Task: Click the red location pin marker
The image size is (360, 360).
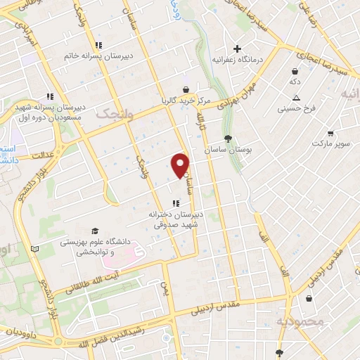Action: click(x=181, y=164)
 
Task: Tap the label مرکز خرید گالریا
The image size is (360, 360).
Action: click(x=184, y=101)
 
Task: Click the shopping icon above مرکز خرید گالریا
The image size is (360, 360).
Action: click(x=185, y=89)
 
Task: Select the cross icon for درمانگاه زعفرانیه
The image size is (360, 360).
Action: click(x=238, y=49)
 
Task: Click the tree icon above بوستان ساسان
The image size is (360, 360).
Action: click(x=227, y=139)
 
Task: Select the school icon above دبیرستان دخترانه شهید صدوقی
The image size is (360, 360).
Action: click(x=175, y=202)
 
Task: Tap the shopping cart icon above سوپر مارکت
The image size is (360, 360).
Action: click(x=330, y=133)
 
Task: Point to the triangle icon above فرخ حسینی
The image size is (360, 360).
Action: click(x=296, y=98)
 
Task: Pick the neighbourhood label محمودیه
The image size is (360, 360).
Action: click(x=300, y=321)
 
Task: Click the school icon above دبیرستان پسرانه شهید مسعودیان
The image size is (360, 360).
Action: click(x=49, y=96)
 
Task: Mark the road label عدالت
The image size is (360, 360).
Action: click(x=43, y=154)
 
